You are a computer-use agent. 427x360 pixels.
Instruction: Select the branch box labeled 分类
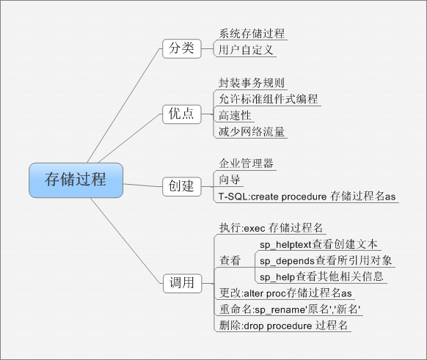click(x=180, y=48)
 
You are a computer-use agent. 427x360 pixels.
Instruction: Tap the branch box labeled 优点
click(x=180, y=113)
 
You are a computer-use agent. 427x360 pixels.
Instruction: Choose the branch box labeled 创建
click(x=180, y=185)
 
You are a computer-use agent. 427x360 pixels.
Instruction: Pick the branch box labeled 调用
click(x=180, y=282)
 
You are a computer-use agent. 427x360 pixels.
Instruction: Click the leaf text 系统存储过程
click(x=252, y=34)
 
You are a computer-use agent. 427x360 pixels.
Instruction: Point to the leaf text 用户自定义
click(x=247, y=51)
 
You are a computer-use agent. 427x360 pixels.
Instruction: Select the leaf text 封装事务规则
click(x=251, y=83)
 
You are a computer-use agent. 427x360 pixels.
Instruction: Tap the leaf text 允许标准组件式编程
click(x=268, y=99)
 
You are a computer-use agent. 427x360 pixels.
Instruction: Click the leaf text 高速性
click(x=235, y=115)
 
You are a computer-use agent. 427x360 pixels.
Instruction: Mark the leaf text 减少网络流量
click(x=251, y=132)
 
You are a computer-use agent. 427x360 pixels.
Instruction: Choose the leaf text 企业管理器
click(x=246, y=163)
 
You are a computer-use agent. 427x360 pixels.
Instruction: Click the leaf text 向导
click(x=230, y=180)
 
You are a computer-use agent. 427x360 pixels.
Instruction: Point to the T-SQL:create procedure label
click(x=307, y=196)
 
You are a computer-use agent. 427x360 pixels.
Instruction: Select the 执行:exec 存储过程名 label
click(x=271, y=228)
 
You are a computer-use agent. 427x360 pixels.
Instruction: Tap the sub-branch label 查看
click(x=230, y=260)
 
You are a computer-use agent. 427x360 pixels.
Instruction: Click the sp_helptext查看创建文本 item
click(x=318, y=244)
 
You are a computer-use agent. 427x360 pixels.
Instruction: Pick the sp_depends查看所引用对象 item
click(x=326, y=261)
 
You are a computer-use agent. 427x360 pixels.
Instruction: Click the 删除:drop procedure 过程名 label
click(x=283, y=326)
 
